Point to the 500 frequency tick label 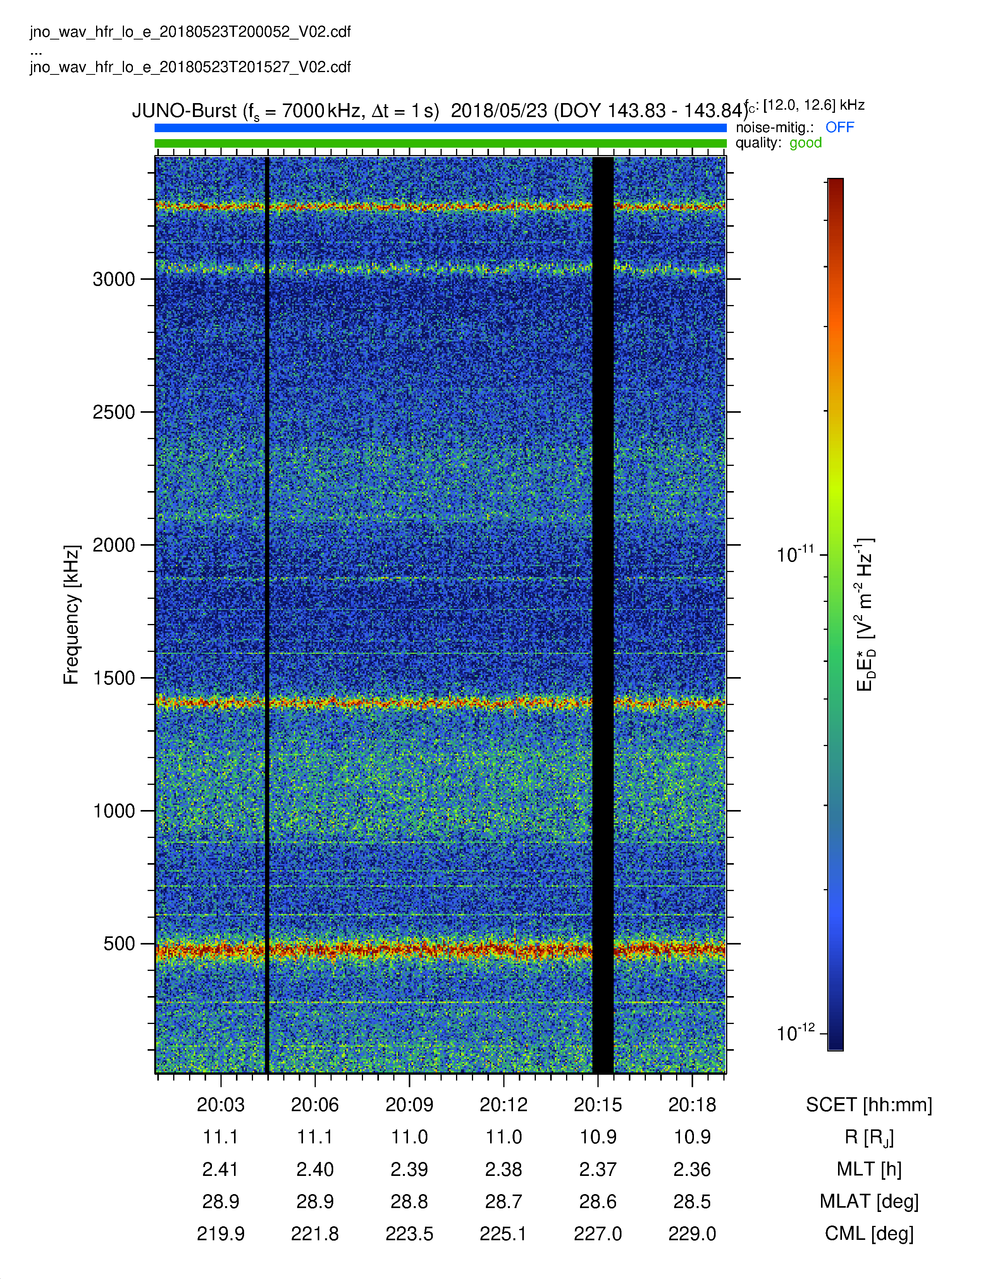(x=119, y=944)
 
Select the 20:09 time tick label (x=409, y=1105)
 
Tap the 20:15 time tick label (x=597, y=1105)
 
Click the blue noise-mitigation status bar (x=440, y=128)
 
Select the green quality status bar (x=440, y=143)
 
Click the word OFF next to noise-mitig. (x=839, y=127)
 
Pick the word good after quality (x=806, y=143)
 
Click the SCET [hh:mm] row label (x=869, y=1105)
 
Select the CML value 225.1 (x=503, y=1234)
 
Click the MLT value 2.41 (x=221, y=1169)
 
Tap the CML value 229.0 (x=692, y=1234)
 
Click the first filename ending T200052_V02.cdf (x=190, y=32)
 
